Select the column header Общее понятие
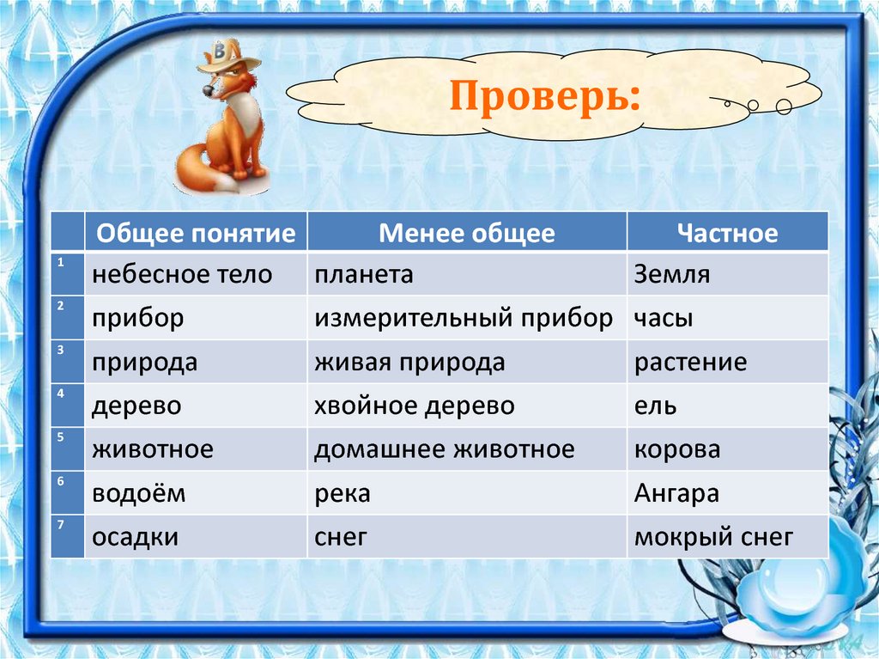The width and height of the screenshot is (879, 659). click(196, 233)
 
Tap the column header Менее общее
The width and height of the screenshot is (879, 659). click(467, 233)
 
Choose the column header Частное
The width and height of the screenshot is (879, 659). click(728, 233)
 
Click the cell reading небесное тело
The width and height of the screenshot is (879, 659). click(182, 274)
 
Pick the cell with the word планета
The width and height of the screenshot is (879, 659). click(364, 274)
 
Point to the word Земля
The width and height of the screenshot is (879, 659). click(672, 274)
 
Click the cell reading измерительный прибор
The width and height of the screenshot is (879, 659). click(464, 318)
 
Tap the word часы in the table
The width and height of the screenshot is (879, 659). click(664, 319)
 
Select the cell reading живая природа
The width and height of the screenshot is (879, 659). click(409, 363)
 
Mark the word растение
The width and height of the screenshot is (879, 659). click(691, 363)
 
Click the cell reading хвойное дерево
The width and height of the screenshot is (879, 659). click(415, 406)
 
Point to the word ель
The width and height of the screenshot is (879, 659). click(655, 406)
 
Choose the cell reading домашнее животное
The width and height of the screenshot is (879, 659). click(445, 449)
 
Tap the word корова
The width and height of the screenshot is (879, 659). click(677, 450)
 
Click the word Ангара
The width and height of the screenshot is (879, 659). click(676, 493)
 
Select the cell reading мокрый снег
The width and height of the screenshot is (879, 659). click(713, 537)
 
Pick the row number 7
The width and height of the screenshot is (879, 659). click(61, 524)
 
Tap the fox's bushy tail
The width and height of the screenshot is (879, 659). click(202, 169)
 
